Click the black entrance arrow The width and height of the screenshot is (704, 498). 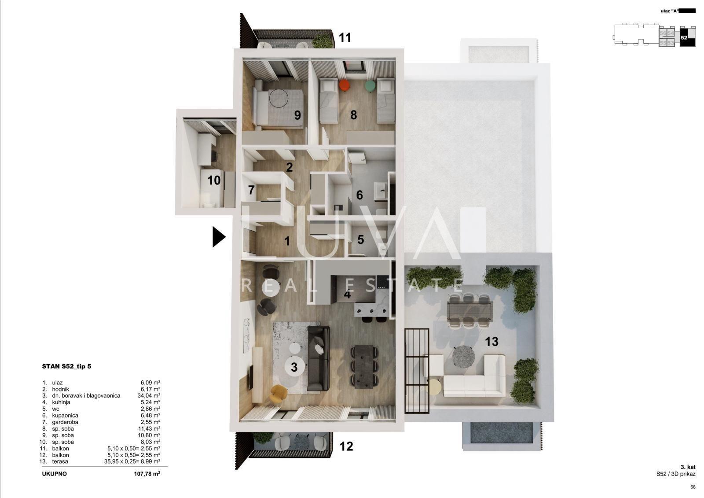(x=218, y=236)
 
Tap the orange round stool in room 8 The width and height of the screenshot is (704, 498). (x=345, y=85)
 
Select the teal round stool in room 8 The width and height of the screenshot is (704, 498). (x=370, y=86)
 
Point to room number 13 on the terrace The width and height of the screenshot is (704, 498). (x=491, y=342)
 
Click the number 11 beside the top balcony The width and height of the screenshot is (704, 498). (x=345, y=38)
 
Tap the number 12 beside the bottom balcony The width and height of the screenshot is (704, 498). (x=346, y=446)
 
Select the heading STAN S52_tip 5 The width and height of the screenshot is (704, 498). (x=66, y=366)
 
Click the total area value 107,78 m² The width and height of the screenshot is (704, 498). (x=147, y=474)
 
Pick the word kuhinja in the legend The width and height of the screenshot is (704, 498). (x=61, y=402)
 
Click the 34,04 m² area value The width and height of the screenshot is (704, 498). (x=149, y=396)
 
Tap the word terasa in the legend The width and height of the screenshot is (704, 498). (x=60, y=462)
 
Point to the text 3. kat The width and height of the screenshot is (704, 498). (x=688, y=468)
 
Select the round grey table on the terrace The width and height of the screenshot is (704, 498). (x=463, y=356)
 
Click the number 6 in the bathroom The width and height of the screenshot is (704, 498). (x=359, y=196)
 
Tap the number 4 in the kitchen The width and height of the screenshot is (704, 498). (x=347, y=295)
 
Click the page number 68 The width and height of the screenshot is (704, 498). (x=693, y=487)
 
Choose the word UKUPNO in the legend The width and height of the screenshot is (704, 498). (x=55, y=474)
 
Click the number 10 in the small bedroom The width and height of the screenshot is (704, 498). (x=214, y=180)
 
